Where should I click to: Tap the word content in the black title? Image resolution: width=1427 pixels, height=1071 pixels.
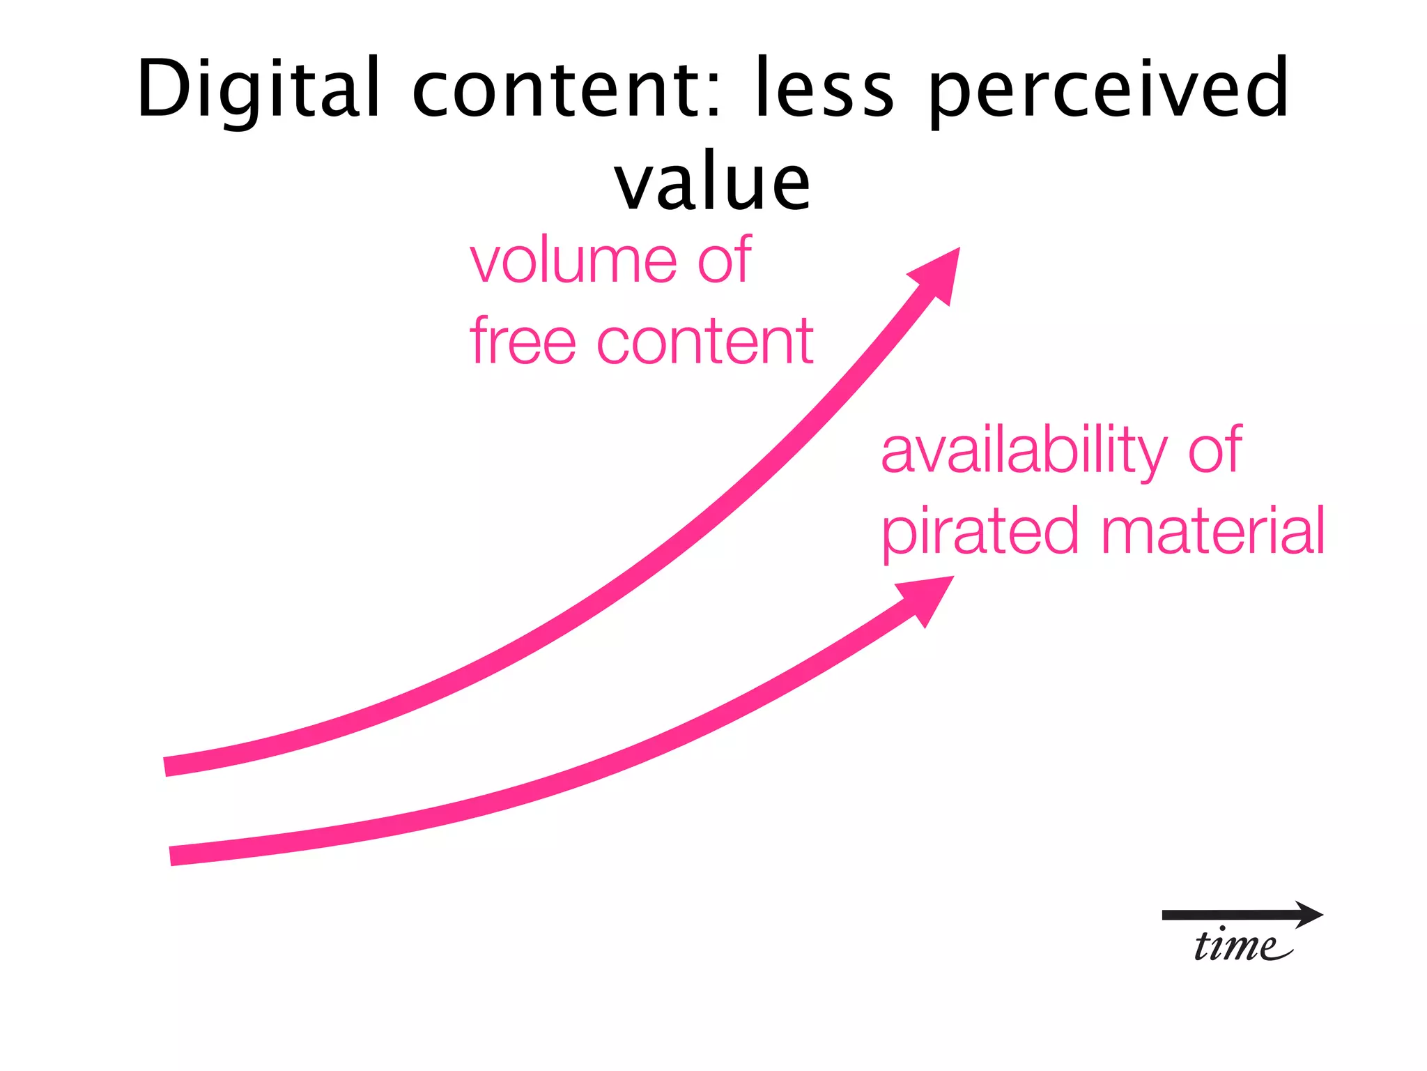[x=557, y=89]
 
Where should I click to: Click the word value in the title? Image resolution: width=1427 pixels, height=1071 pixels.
[x=712, y=183]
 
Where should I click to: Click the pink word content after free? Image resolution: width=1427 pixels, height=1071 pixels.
[x=704, y=341]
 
